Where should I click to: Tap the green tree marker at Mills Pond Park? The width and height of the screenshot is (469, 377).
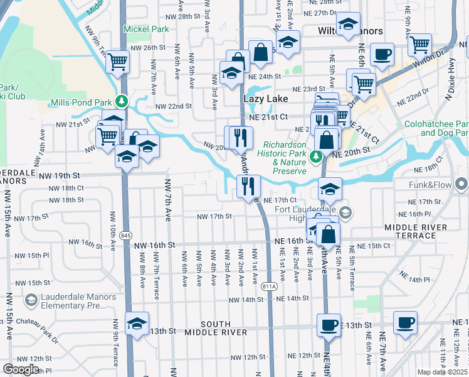pos(124,100)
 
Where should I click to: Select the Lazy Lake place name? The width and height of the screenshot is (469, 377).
pos(265,99)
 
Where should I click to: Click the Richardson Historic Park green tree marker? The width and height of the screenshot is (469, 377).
pos(317,155)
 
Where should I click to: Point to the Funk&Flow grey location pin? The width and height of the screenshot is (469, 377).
pos(462,184)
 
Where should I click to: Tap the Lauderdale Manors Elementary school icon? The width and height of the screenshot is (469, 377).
pos(30,300)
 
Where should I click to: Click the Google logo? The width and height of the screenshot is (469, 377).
pos(21,369)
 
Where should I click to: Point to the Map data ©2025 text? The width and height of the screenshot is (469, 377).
pos(443,372)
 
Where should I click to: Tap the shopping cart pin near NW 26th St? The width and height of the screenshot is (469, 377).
pos(117,62)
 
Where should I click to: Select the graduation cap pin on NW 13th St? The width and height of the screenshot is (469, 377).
pos(137,324)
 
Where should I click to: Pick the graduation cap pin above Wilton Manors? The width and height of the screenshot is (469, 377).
pos(348,25)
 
